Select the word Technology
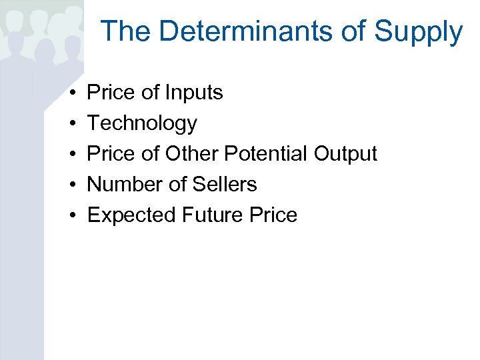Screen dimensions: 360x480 (142, 124)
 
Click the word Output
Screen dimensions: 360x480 (345, 154)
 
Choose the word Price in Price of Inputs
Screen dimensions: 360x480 (111, 93)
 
